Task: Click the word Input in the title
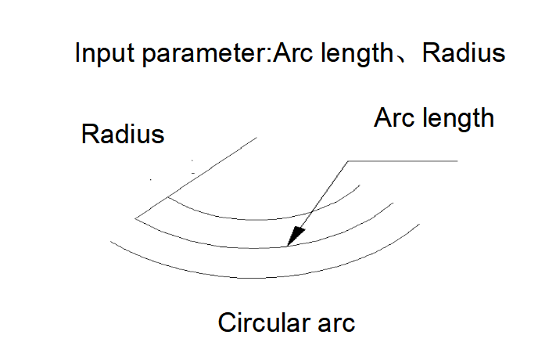point(105,53)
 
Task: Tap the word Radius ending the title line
point(464,52)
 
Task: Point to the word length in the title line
point(357,53)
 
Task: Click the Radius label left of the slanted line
point(123,134)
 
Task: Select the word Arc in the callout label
point(394,117)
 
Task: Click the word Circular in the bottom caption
point(264,322)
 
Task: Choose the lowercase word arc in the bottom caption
point(336,325)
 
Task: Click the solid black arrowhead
point(296,236)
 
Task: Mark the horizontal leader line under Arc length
point(403,160)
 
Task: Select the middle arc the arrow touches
point(254,247)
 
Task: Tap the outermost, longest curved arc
point(254,278)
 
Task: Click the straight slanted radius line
point(196,178)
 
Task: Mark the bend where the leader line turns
point(348,160)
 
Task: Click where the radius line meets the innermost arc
point(168,197)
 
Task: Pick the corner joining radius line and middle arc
point(135,218)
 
